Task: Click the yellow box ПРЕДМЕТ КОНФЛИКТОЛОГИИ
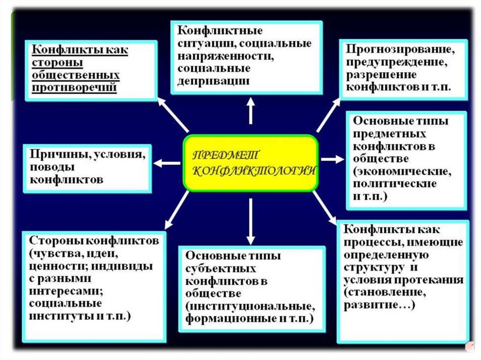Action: (250, 163)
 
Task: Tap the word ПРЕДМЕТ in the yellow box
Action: (224, 155)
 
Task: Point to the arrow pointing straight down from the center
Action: (251, 218)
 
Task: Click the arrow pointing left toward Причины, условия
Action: (167, 163)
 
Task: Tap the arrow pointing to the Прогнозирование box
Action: (328, 115)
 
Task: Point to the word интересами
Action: (66, 291)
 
